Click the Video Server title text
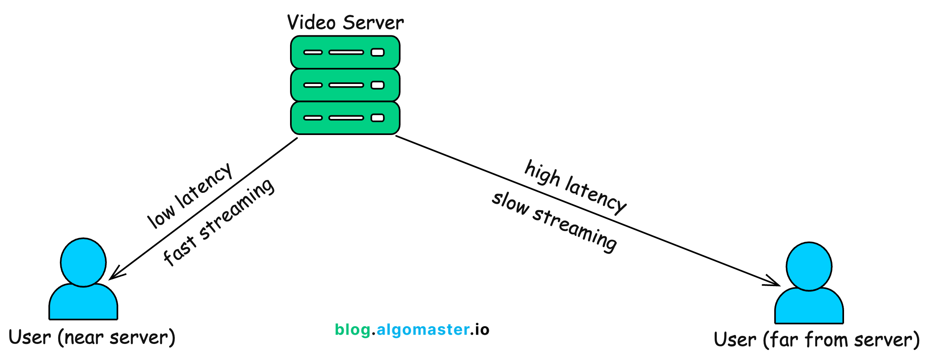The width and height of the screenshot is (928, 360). (x=345, y=22)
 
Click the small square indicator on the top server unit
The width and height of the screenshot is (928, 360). (x=377, y=52)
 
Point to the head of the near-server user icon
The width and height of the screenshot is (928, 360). (x=83, y=262)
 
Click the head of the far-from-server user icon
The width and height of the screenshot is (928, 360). (x=809, y=266)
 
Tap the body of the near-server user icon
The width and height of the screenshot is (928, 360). (x=83, y=303)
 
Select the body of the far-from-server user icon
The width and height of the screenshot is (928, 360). (x=809, y=307)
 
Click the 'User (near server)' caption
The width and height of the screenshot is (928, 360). (x=92, y=338)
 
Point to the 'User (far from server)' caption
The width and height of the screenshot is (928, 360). (x=817, y=340)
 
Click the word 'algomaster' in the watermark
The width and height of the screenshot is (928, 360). (x=423, y=329)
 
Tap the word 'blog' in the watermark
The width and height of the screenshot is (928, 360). (x=352, y=329)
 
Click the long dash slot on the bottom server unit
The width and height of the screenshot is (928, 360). (x=346, y=118)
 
